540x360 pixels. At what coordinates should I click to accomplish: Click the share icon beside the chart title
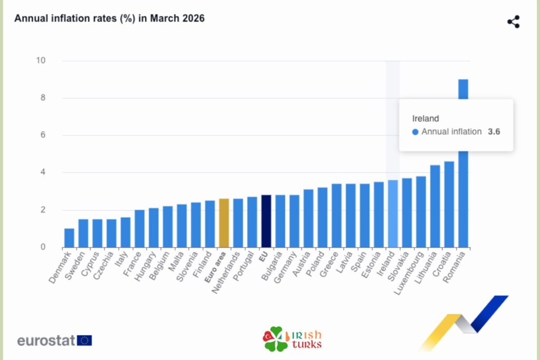513,22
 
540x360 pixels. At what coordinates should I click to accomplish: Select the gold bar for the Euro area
224,223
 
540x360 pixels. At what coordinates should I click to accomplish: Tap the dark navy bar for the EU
266,221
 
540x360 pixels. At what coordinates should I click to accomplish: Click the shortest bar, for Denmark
69,238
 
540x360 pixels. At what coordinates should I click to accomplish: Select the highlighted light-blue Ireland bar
393,214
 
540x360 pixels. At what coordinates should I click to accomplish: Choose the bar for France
139,229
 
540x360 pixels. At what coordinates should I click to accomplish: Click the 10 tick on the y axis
41,61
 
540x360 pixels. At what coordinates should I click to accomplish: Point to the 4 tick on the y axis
43,172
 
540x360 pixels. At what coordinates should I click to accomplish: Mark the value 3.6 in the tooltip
494,132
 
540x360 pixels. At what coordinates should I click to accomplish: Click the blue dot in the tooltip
416,132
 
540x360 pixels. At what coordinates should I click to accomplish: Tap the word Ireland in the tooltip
426,119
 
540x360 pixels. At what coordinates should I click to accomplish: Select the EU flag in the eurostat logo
84,340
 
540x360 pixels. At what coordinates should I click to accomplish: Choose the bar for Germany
294,221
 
